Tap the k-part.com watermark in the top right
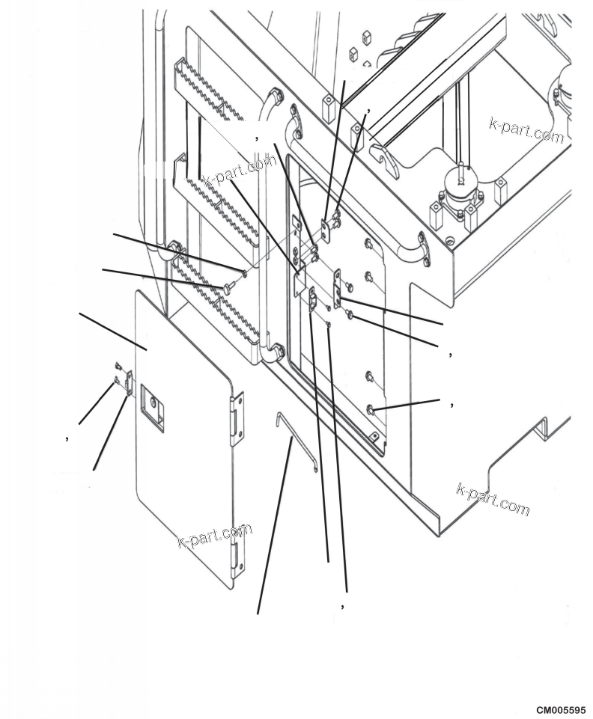coord(526,130)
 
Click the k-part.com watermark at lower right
coord(493,499)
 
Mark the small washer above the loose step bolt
coord(244,272)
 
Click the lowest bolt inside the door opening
coord(371,409)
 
